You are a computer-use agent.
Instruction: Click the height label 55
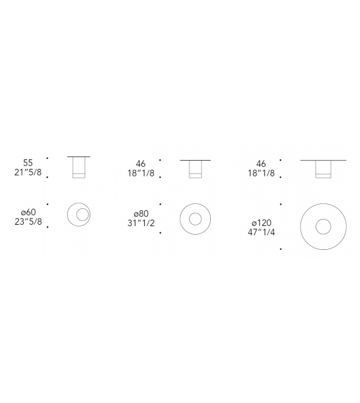pyautogui.click(x=28, y=163)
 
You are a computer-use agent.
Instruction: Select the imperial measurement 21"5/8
pyautogui.click(x=28, y=172)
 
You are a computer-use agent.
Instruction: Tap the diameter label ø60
pyautogui.click(x=28, y=212)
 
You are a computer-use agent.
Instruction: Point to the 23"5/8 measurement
pyautogui.click(x=28, y=222)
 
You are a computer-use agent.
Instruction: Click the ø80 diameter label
pyautogui.click(x=141, y=213)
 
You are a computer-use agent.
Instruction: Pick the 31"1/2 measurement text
pyautogui.click(x=141, y=223)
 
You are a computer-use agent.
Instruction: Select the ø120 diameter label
pyautogui.click(x=262, y=223)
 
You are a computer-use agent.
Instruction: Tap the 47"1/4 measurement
pyautogui.click(x=261, y=232)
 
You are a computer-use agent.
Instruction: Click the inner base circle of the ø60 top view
pyautogui.click(x=77, y=215)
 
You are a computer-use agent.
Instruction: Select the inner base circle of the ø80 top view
pyautogui.click(x=189, y=219)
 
